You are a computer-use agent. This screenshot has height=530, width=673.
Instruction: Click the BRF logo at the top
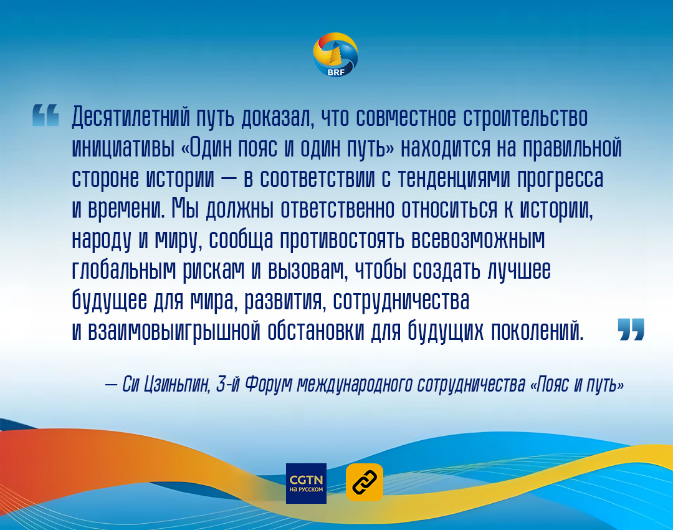point(336,55)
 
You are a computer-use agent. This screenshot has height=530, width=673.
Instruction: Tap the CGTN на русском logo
point(306,483)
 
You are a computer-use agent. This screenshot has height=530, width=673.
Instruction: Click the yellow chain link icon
point(365,483)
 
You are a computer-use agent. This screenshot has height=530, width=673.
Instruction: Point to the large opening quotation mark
point(45,115)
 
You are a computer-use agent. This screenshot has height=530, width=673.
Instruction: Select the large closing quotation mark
point(631,329)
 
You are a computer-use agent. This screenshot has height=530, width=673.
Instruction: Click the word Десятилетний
point(131,117)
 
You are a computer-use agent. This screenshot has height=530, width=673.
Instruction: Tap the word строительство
point(525,117)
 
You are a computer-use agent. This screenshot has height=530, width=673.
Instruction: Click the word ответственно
point(337,209)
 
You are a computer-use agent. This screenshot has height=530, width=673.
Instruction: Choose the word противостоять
point(342,239)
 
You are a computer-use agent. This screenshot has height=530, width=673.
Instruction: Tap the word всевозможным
point(478,239)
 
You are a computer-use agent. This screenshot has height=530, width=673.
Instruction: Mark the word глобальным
point(124,270)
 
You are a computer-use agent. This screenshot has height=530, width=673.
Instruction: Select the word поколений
point(537,331)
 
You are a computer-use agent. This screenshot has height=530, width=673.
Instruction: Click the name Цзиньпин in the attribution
point(177,384)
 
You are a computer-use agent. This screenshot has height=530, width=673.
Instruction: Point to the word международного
point(355,384)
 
